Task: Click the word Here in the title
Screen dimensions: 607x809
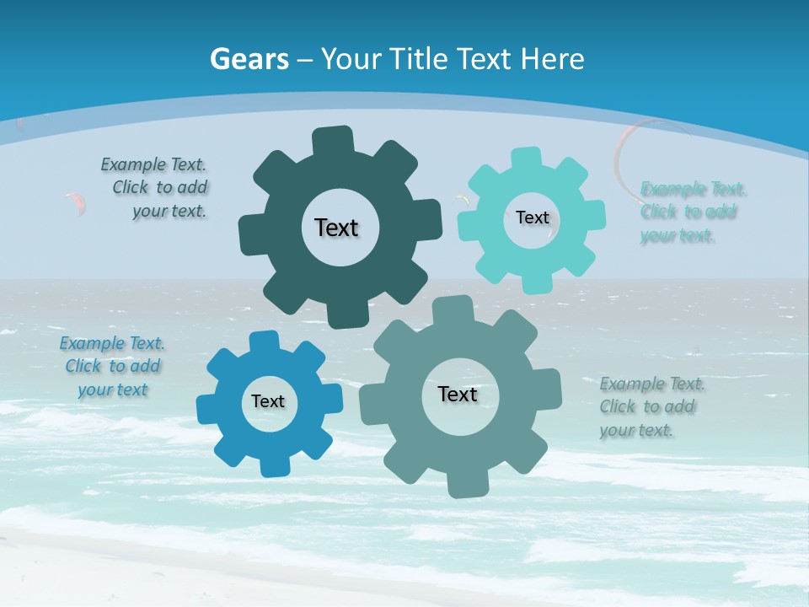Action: point(552,59)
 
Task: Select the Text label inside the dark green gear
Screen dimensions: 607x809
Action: point(336,228)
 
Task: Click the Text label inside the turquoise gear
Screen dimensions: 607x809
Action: point(532,218)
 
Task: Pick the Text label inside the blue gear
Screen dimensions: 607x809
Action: point(268,401)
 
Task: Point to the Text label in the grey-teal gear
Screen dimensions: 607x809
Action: point(458,395)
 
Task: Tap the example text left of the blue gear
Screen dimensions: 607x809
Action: point(112,366)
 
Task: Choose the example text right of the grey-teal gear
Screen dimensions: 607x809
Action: point(651,407)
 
